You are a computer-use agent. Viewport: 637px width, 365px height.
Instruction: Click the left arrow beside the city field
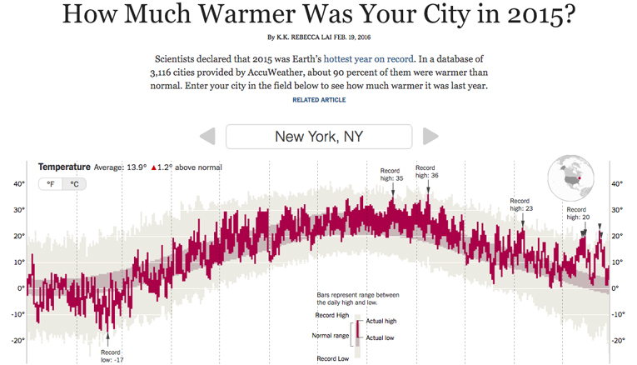(x=207, y=137)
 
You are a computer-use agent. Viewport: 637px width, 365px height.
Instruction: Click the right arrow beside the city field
(x=430, y=137)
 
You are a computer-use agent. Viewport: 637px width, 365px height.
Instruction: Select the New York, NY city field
(x=319, y=137)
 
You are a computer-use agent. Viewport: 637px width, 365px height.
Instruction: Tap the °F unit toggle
(x=51, y=183)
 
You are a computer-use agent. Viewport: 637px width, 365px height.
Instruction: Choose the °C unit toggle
(x=74, y=183)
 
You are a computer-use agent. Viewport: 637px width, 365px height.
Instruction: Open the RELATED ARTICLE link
(x=319, y=100)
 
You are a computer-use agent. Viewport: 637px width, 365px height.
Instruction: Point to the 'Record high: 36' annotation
(x=426, y=172)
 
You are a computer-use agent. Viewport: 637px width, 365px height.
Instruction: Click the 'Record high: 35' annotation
(x=391, y=173)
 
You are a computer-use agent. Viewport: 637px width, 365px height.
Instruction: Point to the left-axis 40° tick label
(x=17, y=184)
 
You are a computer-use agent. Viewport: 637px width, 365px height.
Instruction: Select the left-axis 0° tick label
(x=20, y=288)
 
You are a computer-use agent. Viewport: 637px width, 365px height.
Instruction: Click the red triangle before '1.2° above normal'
(x=154, y=167)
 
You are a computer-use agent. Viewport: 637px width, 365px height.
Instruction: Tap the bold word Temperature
(x=64, y=167)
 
